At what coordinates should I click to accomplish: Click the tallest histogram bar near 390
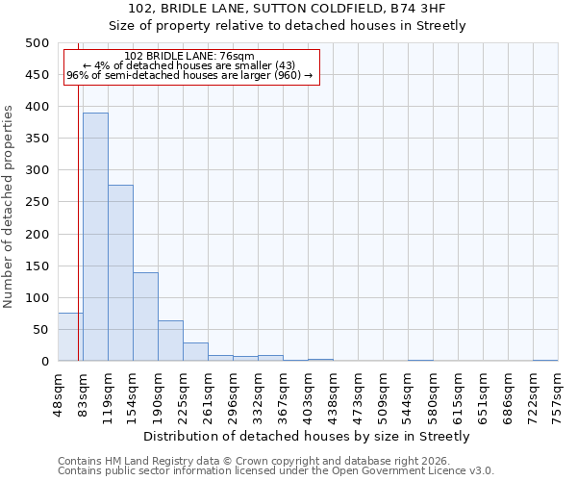tap(95, 237)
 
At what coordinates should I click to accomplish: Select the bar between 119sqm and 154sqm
tap(120, 273)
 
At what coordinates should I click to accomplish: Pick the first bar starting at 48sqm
tap(70, 337)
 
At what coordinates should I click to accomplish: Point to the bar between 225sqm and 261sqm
tap(195, 352)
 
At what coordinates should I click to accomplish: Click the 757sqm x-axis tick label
tap(558, 394)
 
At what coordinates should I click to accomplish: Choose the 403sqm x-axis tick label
tap(308, 394)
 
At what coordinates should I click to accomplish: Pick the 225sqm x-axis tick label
tap(208, 394)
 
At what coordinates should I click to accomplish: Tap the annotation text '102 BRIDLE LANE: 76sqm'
tap(189, 56)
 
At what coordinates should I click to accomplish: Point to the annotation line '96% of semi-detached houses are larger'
tap(189, 75)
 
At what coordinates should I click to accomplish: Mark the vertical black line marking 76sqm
tap(78, 192)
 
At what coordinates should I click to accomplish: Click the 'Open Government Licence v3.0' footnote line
tap(276, 471)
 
